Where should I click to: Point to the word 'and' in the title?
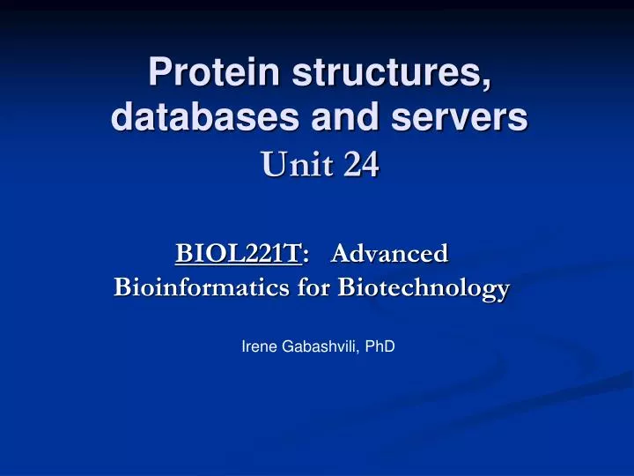[339, 118]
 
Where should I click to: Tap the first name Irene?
[257, 347]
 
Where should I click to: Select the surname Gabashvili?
[321, 347]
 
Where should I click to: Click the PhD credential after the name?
[381, 347]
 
